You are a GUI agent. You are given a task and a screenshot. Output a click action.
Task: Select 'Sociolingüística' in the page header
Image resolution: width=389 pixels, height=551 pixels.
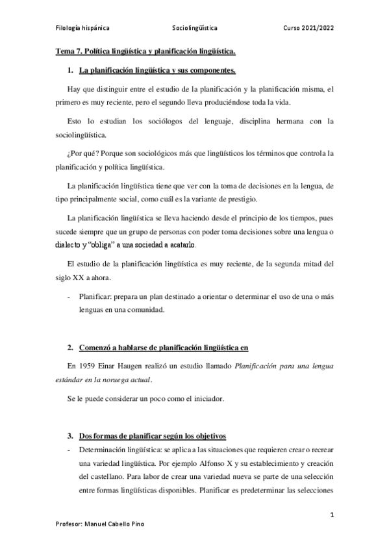tap(195, 29)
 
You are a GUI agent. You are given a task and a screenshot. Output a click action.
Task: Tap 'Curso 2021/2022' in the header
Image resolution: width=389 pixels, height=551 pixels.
tap(309, 29)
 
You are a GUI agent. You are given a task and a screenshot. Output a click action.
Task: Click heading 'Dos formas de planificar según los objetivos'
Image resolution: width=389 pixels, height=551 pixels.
tap(152, 435)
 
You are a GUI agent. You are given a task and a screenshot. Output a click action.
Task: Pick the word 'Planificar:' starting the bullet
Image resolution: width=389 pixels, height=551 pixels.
tap(95, 297)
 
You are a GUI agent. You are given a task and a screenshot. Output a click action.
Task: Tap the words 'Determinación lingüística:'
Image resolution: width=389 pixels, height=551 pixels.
tap(119, 450)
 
